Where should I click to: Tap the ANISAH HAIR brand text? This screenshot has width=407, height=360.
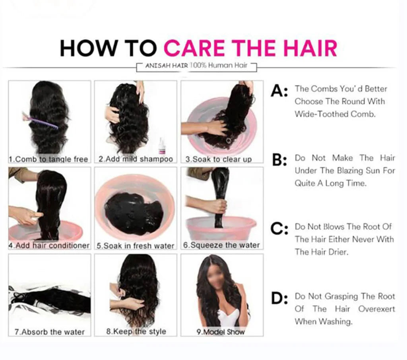click(167, 66)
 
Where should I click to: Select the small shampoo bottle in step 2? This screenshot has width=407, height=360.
click(162, 146)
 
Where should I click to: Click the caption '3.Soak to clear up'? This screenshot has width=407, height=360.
click(219, 159)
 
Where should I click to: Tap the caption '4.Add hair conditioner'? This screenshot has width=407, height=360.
click(49, 245)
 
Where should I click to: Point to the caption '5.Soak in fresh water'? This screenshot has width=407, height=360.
click(135, 246)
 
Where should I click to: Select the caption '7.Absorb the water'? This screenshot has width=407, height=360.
click(50, 332)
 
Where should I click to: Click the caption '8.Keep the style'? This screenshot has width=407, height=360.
click(136, 331)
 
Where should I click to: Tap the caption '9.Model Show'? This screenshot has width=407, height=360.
click(221, 332)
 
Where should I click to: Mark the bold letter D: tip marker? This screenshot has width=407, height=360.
click(279, 298)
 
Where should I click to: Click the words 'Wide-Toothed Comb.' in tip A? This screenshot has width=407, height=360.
click(335, 114)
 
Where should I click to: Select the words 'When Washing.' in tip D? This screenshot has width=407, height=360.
click(324, 321)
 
